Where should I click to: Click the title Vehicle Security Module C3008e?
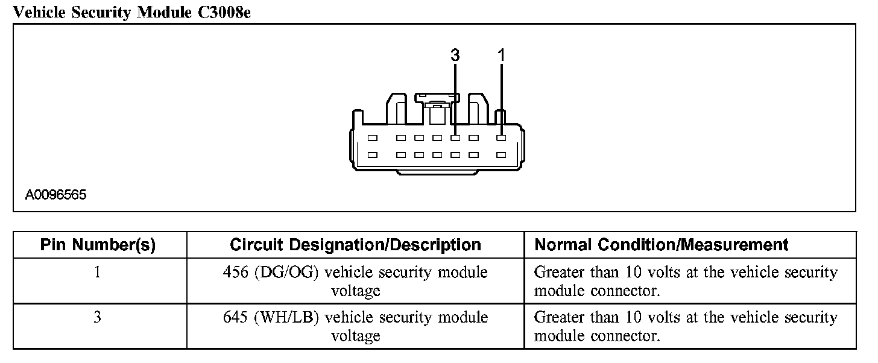point(131,12)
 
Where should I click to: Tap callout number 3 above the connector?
point(455,55)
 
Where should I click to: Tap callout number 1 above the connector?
point(501,55)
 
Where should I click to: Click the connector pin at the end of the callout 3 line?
point(455,138)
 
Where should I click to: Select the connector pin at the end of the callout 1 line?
point(501,138)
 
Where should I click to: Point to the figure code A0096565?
point(56,195)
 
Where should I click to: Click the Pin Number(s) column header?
point(98,245)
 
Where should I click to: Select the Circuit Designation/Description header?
point(355,245)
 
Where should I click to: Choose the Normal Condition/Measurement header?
point(662,245)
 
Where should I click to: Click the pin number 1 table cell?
point(98,273)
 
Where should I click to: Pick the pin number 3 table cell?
point(98,317)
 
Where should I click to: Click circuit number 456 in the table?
point(235,273)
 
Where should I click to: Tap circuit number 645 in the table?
point(235,317)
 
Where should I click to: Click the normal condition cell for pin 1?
point(686,282)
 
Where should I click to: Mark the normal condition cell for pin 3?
point(686,326)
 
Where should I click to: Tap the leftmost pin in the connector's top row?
point(372,138)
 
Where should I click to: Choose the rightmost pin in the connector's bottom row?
point(501,155)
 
